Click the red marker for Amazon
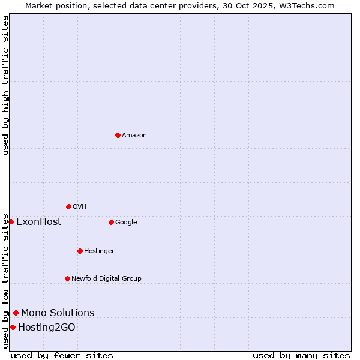click(x=118, y=135)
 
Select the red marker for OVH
click(x=68, y=206)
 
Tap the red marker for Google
click(x=111, y=222)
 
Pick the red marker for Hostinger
click(x=80, y=251)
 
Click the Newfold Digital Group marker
click(x=67, y=278)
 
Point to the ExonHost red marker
click(x=11, y=221)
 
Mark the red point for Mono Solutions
click(x=16, y=313)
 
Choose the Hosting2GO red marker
click(x=13, y=327)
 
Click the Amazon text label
click(x=134, y=135)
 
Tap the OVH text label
click(x=80, y=206)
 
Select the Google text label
click(x=126, y=222)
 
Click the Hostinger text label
click(x=99, y=251)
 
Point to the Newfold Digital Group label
click(x=106, y=278)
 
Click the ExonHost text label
click(x=38, y=221)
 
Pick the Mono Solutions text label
click(x=58, y=313)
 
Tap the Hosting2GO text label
click(x=47, y=327)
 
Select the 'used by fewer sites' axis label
click(x=62, y=355)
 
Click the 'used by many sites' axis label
click(x=301, y=355)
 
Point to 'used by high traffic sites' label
click(x=5, y=85)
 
